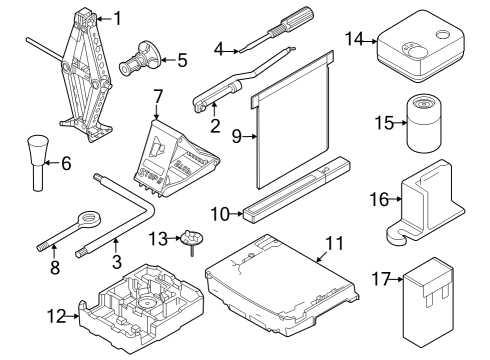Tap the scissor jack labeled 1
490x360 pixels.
click(x=87, y=75)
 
